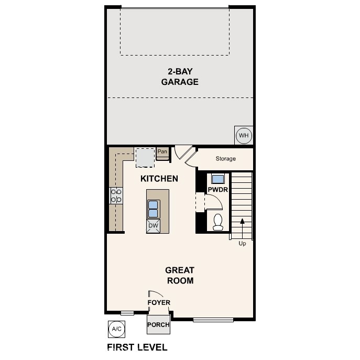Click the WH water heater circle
[244, 136]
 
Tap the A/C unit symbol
[116, 329]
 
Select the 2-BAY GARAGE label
[180, 77]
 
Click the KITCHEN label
[159, 179]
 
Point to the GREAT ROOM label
[180, 275]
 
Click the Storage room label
[226, 159]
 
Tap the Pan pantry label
[162, 152]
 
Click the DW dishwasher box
[153, 226]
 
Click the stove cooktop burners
[116, 195]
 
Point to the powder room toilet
[219, 222]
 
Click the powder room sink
[217, 178]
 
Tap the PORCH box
[158, 325]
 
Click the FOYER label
[158, 303]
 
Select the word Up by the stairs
[242, 244]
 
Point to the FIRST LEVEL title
[137, 347]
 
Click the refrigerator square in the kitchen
[145, 157]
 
